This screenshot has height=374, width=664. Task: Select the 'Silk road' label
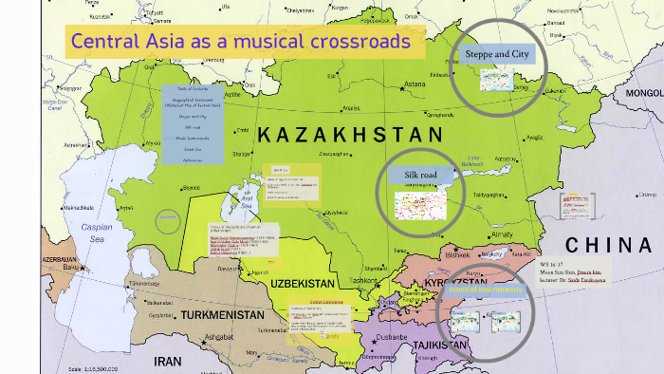(419, 176)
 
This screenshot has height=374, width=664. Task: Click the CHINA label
(608, 243)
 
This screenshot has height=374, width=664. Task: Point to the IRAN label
(169, 361)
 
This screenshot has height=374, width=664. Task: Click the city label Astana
(415, 84)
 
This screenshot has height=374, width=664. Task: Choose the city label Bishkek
(457, 255)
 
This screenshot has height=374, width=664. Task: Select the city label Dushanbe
(391, 336)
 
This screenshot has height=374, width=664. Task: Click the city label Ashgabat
(219, 337)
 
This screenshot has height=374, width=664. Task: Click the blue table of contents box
(193, 123)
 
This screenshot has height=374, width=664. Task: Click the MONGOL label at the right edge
(644, 93)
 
